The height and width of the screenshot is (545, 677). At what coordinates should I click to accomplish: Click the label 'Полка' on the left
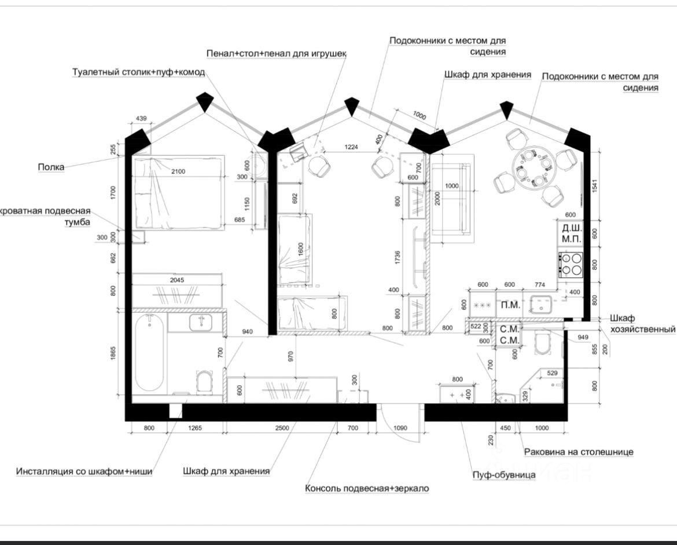51,167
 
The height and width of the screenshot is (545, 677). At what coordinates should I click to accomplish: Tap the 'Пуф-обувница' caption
503,475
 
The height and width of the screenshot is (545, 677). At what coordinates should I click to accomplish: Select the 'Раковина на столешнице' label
579,452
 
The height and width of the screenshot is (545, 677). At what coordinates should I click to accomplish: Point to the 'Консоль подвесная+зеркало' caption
367,488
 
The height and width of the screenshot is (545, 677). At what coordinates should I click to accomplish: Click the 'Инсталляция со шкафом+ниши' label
84,471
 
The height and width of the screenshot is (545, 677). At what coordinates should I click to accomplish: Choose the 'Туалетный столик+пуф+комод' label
138,72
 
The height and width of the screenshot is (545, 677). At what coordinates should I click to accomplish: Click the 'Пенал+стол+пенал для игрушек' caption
277,53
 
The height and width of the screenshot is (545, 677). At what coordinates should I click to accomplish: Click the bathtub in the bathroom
149,353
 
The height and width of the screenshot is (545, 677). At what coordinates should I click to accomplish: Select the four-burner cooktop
570,264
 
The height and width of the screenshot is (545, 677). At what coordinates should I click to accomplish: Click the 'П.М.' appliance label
510,305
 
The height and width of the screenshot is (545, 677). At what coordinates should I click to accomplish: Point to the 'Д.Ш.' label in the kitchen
571,227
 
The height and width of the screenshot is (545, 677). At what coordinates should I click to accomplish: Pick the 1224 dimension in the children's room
352,147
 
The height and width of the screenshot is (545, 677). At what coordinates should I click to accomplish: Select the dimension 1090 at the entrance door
400,428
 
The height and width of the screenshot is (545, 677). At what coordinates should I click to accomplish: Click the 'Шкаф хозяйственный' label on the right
642,324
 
